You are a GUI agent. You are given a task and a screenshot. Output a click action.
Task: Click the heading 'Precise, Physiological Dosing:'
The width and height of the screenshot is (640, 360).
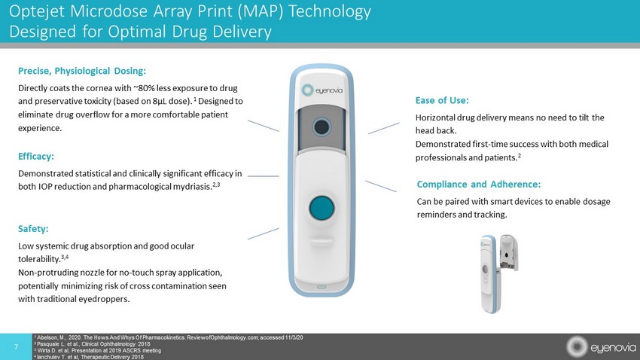tap(81, 71)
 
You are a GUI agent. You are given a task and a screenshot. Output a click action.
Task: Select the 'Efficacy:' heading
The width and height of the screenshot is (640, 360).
tap(36, 157)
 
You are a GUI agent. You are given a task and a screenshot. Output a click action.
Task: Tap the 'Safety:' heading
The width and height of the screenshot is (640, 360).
tap(33, 228)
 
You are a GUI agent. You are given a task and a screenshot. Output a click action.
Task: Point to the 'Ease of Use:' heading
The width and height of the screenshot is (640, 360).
tap(442, 100)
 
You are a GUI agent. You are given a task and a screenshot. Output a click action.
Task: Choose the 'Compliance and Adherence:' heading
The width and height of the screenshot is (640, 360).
tap(479, 185)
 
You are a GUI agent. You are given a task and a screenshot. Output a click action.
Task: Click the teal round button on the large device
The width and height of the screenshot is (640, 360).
tap(322, 208)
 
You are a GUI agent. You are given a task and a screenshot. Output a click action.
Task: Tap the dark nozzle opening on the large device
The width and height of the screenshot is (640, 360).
tap(322, 127)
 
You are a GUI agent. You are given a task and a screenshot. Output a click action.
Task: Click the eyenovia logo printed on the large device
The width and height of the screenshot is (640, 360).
tap(322, 90)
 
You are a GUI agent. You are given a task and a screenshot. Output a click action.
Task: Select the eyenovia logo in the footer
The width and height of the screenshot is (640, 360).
tap(601, 347)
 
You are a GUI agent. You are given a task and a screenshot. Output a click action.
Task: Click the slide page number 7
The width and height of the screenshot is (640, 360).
tap(16, 347)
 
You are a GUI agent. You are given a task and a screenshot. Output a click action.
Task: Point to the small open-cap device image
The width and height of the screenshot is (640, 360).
tap(498, 273)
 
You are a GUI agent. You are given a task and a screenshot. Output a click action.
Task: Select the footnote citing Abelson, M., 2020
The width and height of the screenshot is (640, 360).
tap(169, 337)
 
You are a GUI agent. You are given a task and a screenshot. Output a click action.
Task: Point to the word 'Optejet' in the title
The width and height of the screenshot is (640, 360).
tap(37, 11)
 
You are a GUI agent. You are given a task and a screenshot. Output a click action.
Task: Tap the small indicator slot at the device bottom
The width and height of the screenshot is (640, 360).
tap(322, 288)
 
